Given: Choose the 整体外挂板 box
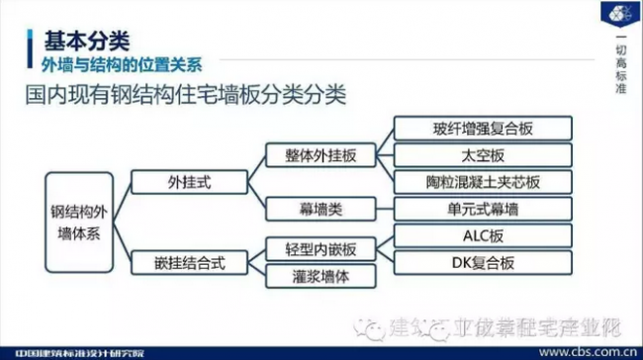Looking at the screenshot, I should (x=321, y=156).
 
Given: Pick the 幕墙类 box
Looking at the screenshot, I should (x=321, y=209).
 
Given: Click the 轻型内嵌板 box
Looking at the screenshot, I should (x=321, y=248).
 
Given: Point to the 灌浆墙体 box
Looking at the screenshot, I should (x=321, y=275).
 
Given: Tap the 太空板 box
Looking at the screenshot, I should (x=482, y=156).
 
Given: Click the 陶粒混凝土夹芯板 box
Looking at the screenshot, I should (x=482, y=182).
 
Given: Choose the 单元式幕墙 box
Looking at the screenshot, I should (x=482, y=209).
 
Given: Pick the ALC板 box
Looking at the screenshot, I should (x=482, y=235).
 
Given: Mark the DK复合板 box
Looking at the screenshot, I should (x=482, y=262).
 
